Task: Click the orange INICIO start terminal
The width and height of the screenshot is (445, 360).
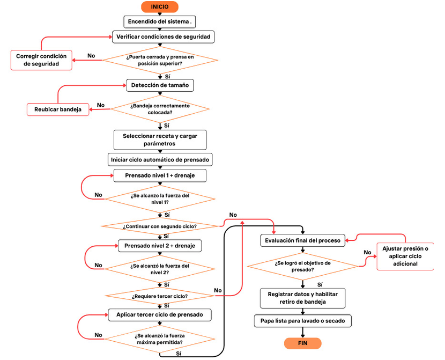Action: [159, 7]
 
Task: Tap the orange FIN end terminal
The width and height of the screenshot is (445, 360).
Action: [302, 343]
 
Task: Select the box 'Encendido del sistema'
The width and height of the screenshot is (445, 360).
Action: [160, 21]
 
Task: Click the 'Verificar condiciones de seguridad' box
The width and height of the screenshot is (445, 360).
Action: [163, 37]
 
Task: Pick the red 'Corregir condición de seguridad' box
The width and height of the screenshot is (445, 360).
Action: [41, 60]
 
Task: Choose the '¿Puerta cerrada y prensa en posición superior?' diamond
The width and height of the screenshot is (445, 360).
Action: [160, 60]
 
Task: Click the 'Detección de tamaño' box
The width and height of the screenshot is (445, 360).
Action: [160, 85]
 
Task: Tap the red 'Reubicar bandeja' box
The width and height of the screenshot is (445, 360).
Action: [58, 109]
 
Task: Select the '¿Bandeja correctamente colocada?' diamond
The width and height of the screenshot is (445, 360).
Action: [160, 109]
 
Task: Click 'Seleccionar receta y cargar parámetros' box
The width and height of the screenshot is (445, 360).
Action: [160, 140]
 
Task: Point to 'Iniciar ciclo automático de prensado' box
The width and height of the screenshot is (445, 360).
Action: [160, 160]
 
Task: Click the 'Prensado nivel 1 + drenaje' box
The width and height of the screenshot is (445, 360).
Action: [160, 176]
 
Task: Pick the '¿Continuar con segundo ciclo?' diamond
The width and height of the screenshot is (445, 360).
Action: [160, 226]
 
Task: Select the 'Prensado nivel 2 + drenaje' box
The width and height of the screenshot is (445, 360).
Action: [160, 246]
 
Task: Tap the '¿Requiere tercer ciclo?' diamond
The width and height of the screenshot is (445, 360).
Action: [160, 296]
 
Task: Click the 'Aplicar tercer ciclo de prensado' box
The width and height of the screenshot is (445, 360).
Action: [160, 315]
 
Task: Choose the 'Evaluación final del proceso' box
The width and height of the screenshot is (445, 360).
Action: [303, 240]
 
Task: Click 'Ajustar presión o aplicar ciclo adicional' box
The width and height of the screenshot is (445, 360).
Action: [405, 256]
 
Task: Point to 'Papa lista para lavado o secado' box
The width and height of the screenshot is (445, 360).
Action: [303, 321]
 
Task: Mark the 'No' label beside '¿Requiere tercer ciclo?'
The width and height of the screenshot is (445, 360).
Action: [218, 290]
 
